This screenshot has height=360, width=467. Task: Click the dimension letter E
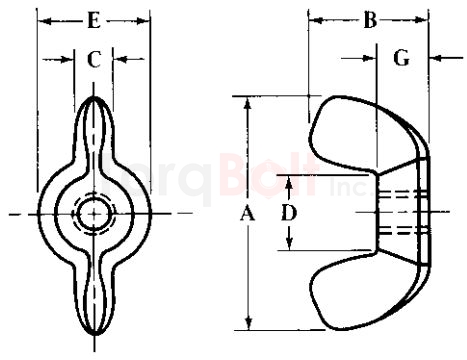click(93, 20)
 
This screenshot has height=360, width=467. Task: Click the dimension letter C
click(93, 60)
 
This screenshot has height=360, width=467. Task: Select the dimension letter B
click(369, 20)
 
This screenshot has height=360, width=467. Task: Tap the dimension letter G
click(401, 59)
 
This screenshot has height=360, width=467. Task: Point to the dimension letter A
click(248, 213)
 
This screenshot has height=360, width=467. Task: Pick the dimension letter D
click(288, 212)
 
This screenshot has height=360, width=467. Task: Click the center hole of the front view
click(94, 214)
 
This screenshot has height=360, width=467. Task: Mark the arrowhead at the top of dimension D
click(288, 180)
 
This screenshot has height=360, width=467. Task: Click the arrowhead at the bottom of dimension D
click(288, 245)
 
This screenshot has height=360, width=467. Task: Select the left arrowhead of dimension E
click(42, 20)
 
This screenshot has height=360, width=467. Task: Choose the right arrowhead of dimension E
click(146, 20)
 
